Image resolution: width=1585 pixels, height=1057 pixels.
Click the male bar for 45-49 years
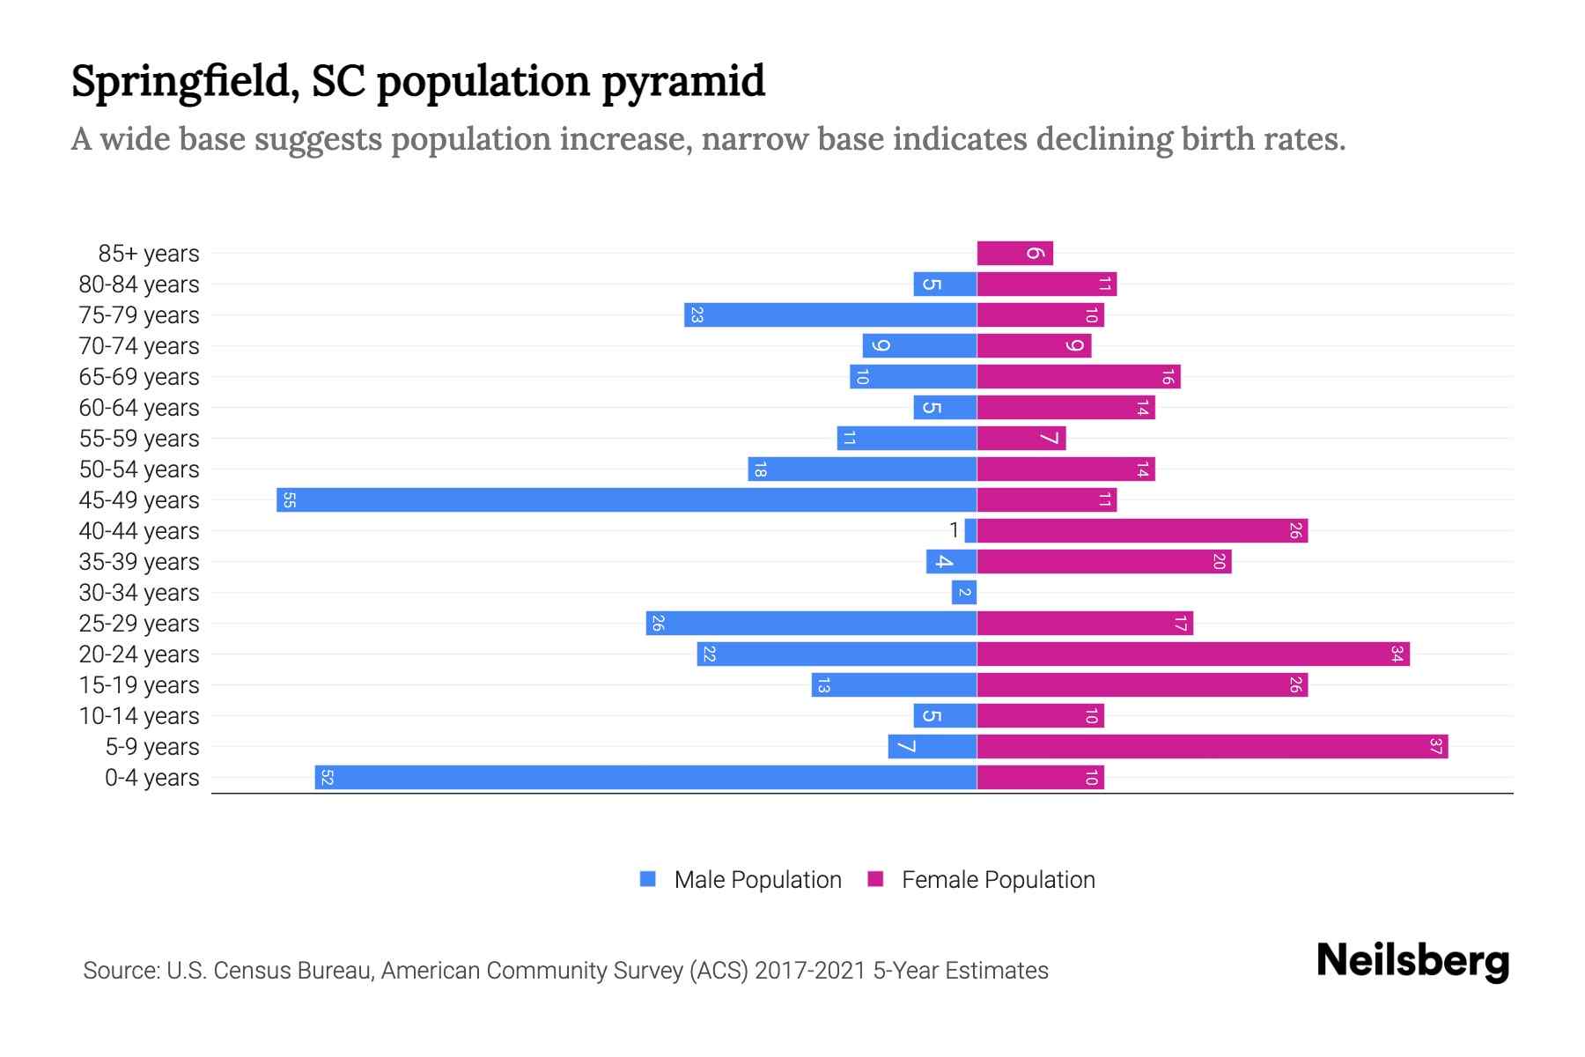click(626, 500)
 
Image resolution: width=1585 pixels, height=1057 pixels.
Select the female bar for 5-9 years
click(1212, 747)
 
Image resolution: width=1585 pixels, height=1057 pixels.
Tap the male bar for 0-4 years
click(645, 778)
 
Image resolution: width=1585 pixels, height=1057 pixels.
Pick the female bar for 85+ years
click(1014, 254)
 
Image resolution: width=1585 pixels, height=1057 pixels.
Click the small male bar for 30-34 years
click(964, 593)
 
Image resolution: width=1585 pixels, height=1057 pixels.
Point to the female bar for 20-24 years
click(1192, 654)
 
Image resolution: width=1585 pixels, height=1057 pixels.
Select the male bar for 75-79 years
click(830, 315)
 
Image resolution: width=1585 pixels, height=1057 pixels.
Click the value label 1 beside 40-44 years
click(954, 530)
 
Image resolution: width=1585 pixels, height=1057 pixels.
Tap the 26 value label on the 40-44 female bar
click(1295, 531)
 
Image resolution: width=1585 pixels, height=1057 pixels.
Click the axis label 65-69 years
click(139, 377)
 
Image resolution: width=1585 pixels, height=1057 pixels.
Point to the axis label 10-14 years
click(139, 716)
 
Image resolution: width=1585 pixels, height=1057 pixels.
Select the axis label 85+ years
click(149, 254)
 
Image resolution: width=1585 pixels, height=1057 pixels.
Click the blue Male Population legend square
click(648, 879)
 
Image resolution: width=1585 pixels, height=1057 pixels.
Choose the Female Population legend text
click(998, 880)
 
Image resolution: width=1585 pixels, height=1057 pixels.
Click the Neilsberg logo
click(1412, 961)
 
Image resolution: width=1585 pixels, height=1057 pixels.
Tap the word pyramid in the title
click(683, 83)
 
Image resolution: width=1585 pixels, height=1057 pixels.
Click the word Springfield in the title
click(181, 83)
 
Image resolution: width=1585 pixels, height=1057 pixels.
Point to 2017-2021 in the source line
click(810, 971)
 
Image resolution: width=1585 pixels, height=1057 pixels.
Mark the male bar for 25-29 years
click(811, 624)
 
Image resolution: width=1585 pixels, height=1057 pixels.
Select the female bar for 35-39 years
click(1103, 562)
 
